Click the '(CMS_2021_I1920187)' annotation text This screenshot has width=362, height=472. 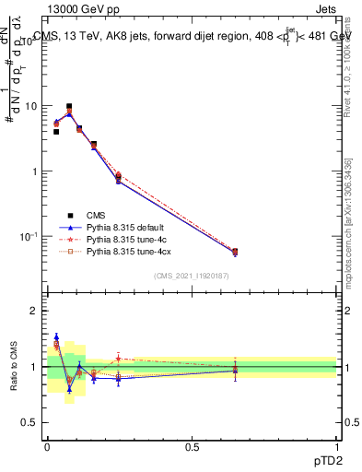192,276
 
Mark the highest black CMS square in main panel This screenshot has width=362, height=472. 69,107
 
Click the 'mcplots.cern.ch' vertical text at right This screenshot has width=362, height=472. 347,249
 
